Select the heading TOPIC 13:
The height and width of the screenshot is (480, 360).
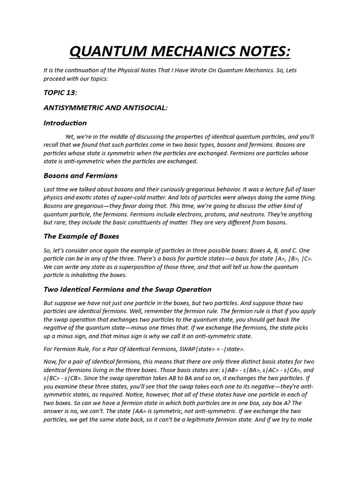pos(60,93)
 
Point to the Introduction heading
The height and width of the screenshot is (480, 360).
pos(65,123)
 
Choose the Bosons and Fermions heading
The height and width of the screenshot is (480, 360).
pos(81,176)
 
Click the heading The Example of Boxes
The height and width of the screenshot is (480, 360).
pos(81,236)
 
